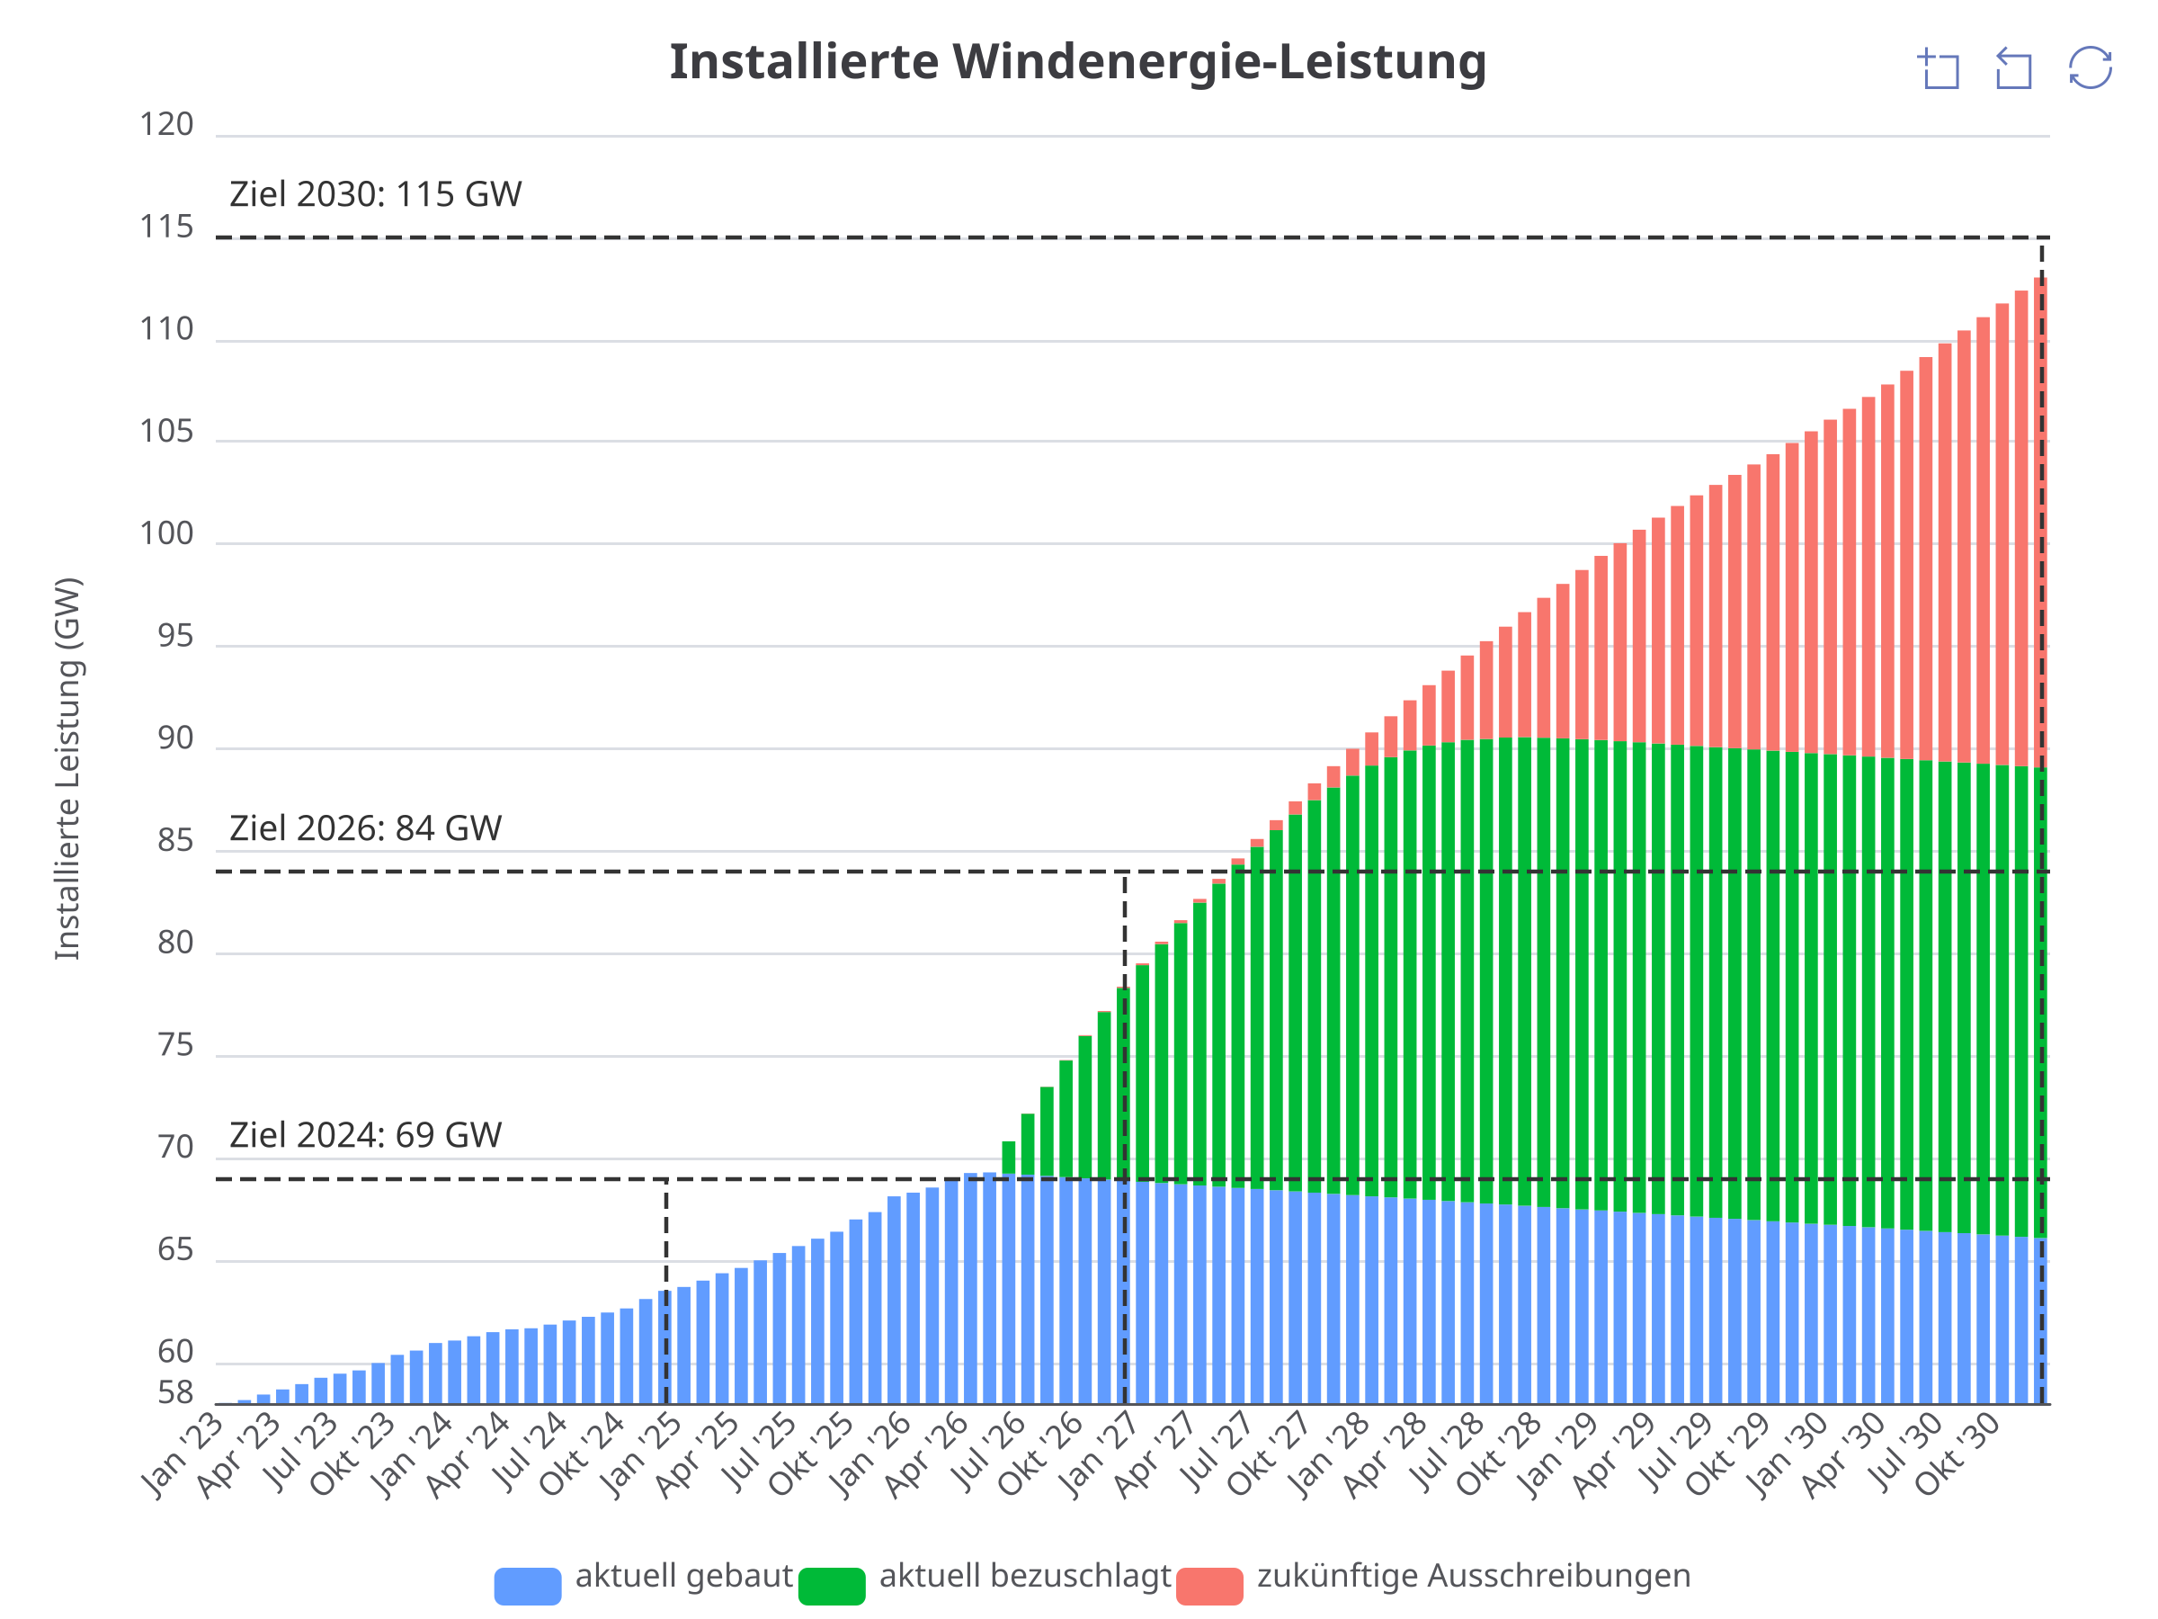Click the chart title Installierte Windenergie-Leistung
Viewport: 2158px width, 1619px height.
pyautogui.click(x=1078, y=62)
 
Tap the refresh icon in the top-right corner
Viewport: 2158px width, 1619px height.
pyautogui.click(x=2090, y=68)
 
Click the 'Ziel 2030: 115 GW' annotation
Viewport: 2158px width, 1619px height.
pyautogui.click(x=376, y=194)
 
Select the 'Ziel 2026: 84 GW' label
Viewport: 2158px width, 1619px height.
pyautogui.click(x=366, y=828)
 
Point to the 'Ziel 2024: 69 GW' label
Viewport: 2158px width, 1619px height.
pyautogui.click(x=366, y=1135)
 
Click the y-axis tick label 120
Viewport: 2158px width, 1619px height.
pyautogui.click(x=167, y=125)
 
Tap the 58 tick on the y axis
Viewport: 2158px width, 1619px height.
pyautogui.click(x=175, y=1392)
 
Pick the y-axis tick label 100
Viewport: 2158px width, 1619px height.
pyautogui.click(x=167, y=533)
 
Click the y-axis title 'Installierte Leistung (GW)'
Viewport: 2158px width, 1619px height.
pyautogui.click(x=67, y=769)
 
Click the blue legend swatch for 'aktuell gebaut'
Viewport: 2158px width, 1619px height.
pyautogui.click(x=528, y=1587)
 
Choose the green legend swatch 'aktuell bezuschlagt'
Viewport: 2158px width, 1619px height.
pyautogui.click(x=832, y=1587)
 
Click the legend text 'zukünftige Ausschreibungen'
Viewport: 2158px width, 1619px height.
pyautogui.click(x=1474, y=1576)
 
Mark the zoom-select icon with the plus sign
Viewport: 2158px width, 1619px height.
pyautogui.click(x=1940, y=68)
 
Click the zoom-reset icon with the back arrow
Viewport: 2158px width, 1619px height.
pyautogui.click(x=2013, y=68)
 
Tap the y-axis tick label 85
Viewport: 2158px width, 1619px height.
pyautogui.click(x=175, y=841)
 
